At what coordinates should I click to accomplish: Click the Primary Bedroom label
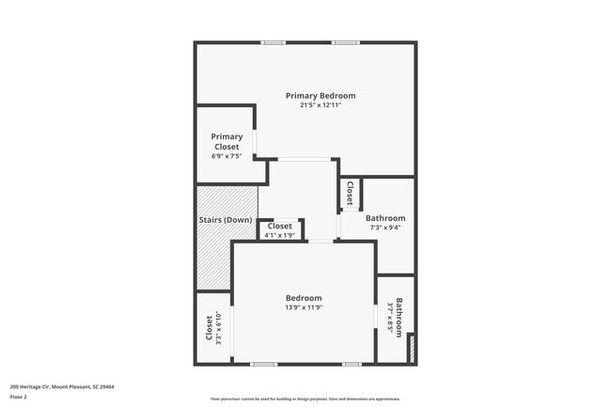321,96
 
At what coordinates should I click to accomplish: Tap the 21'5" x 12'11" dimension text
321,105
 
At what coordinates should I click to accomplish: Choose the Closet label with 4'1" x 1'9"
280,226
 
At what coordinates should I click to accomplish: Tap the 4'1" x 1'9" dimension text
280,235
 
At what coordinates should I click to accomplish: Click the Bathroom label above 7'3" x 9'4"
385,218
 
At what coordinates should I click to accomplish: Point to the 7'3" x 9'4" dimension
385,227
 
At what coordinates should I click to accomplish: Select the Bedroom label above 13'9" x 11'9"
304,298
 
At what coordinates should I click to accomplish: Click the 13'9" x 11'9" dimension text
304,307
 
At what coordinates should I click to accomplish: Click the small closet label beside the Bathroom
350,193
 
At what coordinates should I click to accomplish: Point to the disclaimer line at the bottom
305,399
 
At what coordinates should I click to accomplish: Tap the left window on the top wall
274,42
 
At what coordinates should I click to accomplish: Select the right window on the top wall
345,42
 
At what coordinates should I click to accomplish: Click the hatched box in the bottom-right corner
410,350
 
